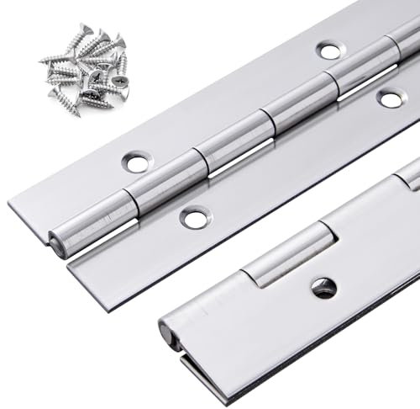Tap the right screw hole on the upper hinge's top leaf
(x=328, y=50)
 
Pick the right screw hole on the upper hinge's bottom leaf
(x=389, y=98)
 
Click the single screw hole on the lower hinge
(x=323, y=287)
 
